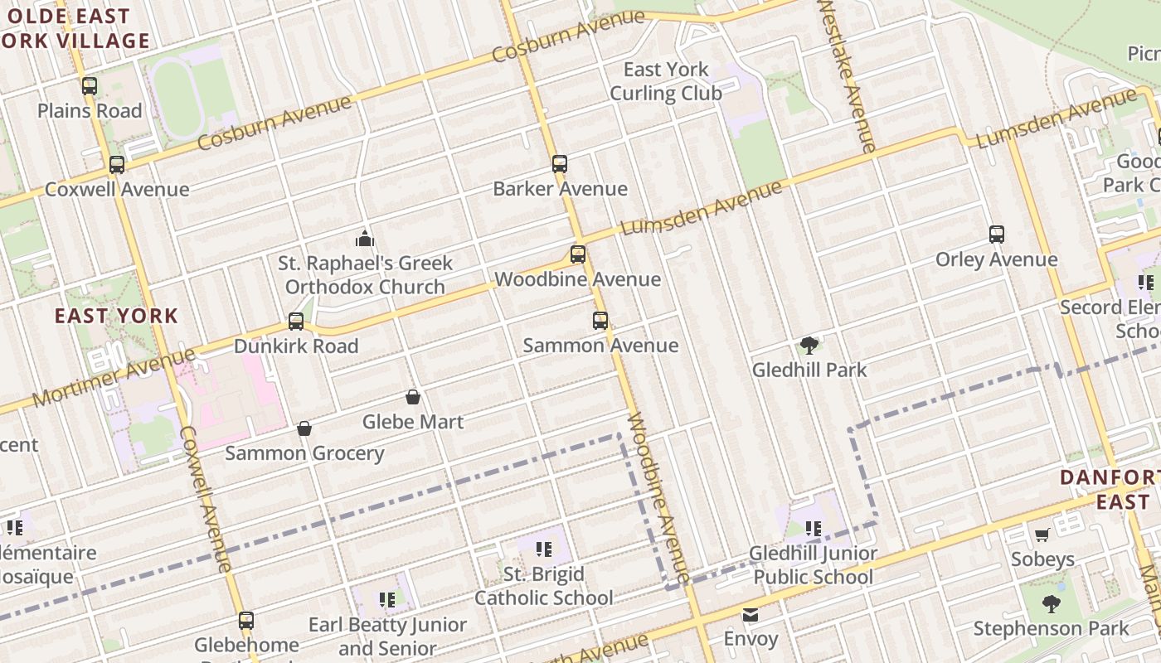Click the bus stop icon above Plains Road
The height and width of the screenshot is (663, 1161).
[90, 85]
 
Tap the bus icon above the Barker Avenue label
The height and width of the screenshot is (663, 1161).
[560, 164]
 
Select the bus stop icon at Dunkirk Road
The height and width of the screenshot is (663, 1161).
[296, 322]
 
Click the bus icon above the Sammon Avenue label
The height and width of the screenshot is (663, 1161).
[600, 321]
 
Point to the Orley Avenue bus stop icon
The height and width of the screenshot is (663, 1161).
[997, 235]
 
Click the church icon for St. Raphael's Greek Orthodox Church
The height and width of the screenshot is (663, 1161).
[365, 240]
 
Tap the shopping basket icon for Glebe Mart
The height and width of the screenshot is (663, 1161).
[413, 398]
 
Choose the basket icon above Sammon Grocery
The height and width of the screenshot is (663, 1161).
[304, 428]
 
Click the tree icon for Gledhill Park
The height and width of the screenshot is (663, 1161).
[809, 346]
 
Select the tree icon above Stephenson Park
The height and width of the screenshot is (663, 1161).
[1052, 604]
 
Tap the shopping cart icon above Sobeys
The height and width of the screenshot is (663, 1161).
[1042, 535]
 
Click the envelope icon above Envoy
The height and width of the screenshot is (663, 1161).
[751, 615]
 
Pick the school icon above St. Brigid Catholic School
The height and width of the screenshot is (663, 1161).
[544, 549]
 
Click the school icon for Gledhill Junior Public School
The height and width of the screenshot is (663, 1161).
[814, 528]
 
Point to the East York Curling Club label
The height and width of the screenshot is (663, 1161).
[666, 81]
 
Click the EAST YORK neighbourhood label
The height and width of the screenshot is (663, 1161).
[116, 316]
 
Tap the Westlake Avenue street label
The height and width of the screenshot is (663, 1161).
[846, 75]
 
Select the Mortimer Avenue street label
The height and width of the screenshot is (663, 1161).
[114, 378]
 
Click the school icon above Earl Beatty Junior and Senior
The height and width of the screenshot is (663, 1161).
[386, 599]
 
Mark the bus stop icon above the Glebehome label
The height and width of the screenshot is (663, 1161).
[246, 620]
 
